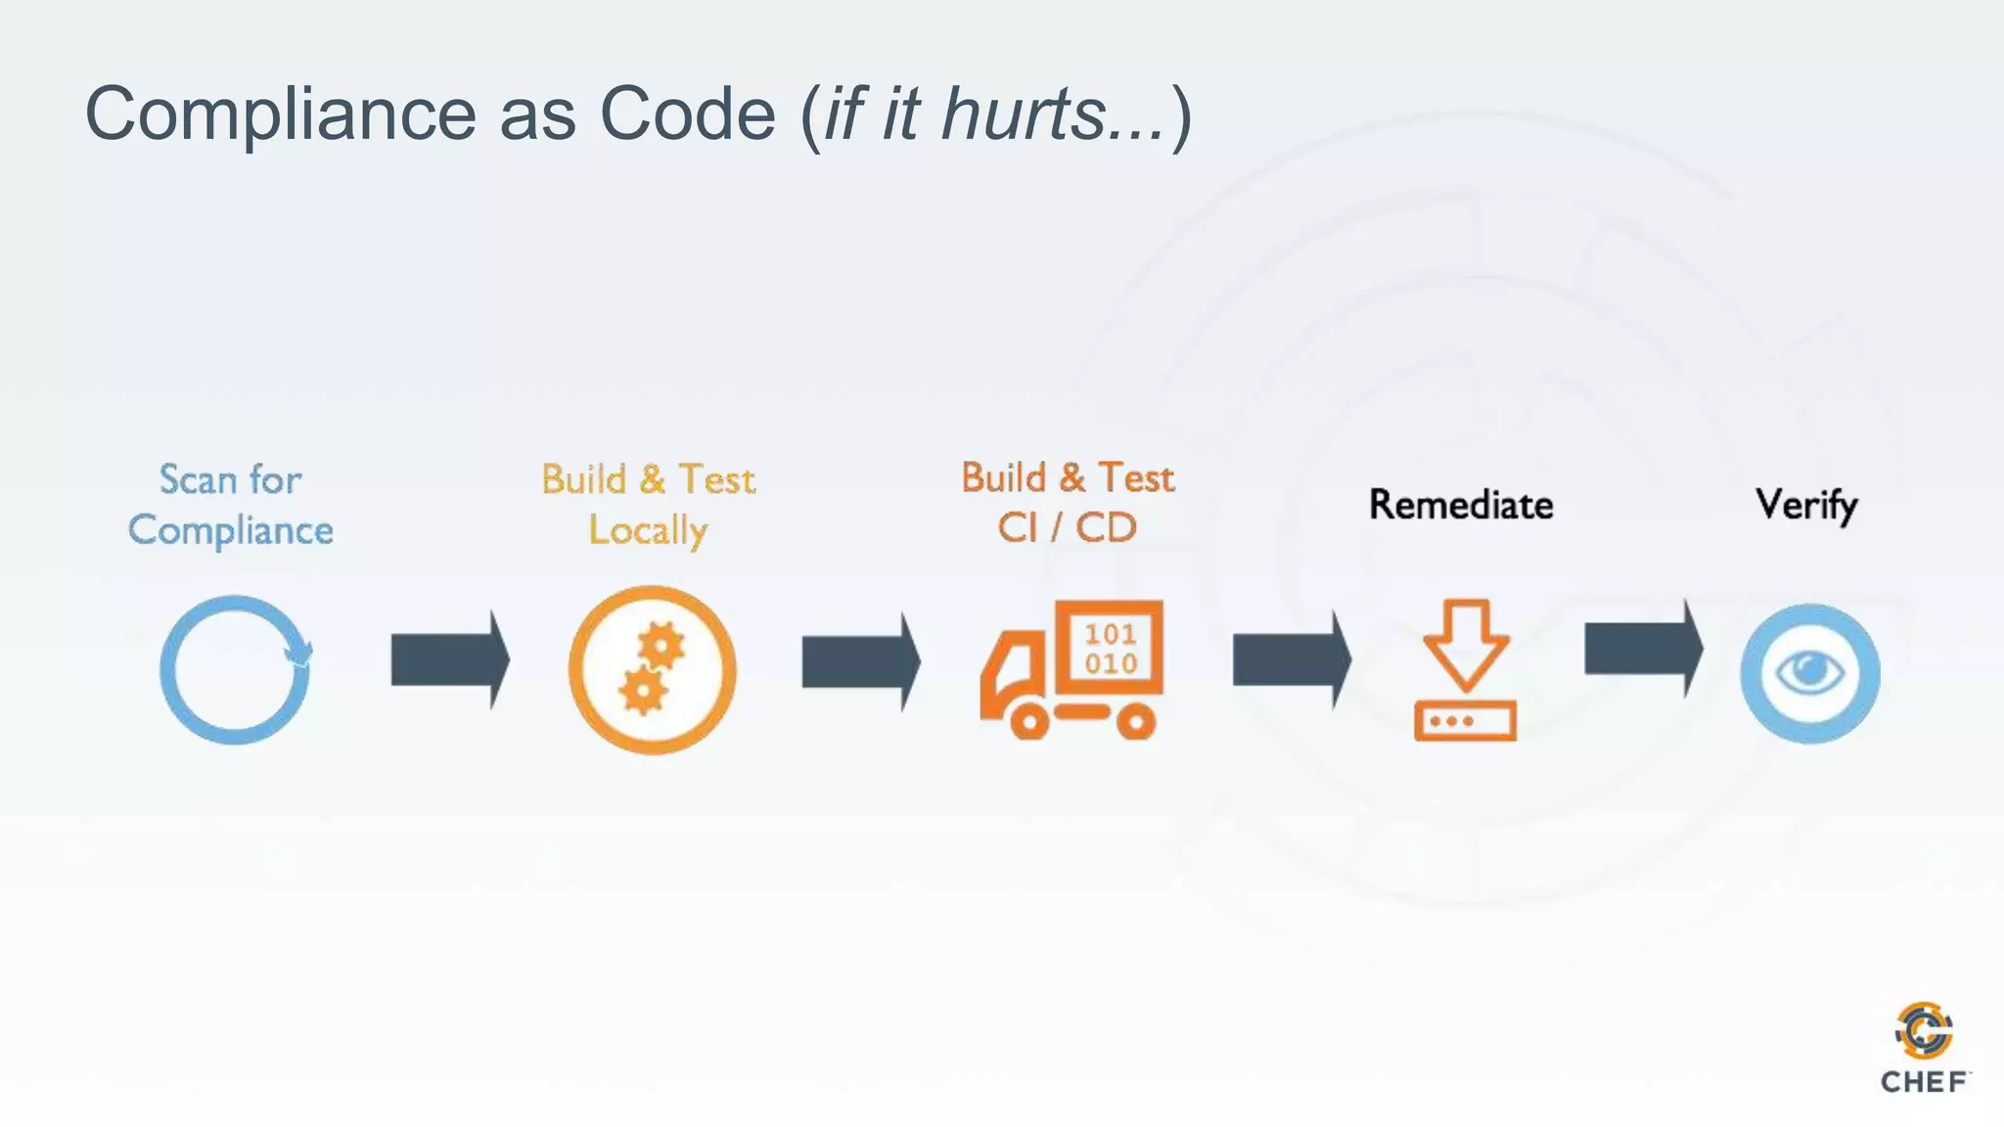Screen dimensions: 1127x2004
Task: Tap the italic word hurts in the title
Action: tap(1024, 115)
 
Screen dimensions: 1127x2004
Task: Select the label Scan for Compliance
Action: tap(231, 505)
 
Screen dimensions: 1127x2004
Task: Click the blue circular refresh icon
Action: tap(235, 670)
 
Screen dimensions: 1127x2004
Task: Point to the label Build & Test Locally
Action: tap(648, 505)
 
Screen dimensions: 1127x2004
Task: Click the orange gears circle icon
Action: tap(652, 670)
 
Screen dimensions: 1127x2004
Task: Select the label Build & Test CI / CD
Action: tap(1068, 503)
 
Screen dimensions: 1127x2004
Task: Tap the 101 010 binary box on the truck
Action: tap(1111, 649)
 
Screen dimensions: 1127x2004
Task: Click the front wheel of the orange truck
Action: tap(1029, 722)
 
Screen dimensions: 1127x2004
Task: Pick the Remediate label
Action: tap(1461, 505)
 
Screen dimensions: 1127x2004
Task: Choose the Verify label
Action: tap(1806, 505)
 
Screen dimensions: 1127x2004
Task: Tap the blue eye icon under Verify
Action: tap(1809, 673)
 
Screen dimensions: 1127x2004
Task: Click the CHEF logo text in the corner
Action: tap(1923, 1082)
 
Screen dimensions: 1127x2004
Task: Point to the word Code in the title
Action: tap(687, 115)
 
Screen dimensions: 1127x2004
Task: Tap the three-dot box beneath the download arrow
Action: tap(1465, 721)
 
